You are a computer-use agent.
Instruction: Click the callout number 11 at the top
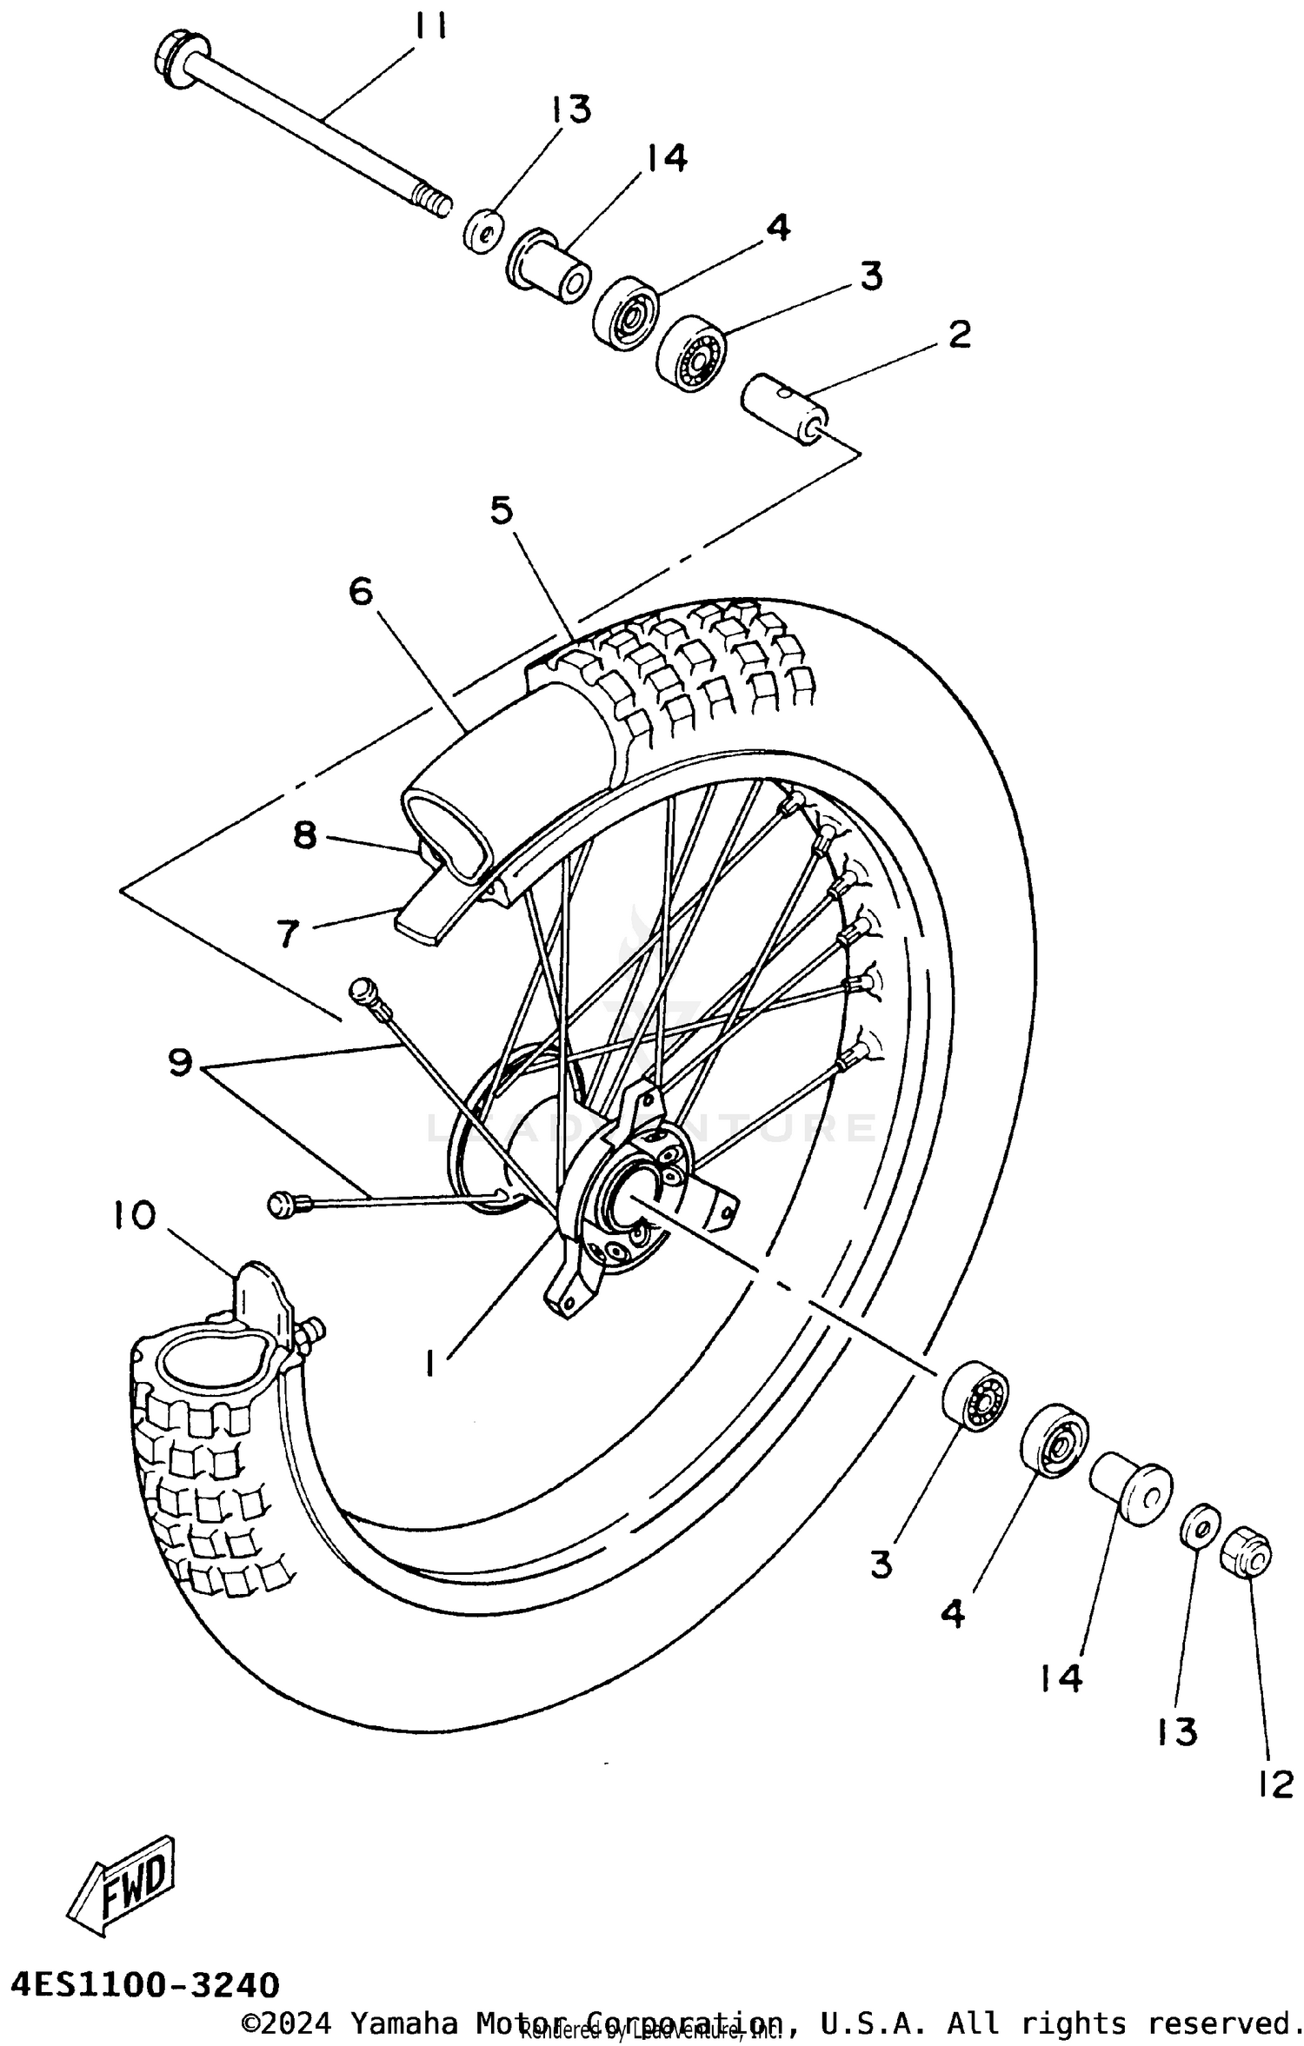pyautogui.click(x=429, y=28)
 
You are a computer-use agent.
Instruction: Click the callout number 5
pyautogui.click(x=502, y=510)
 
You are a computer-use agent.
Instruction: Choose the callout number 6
pyautogui.click(x=361, y=592)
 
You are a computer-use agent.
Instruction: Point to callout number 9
pyautogui.click(x=180, y=1062)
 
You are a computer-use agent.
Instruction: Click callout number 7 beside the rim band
pyautogui.click(x=288, y=933)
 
